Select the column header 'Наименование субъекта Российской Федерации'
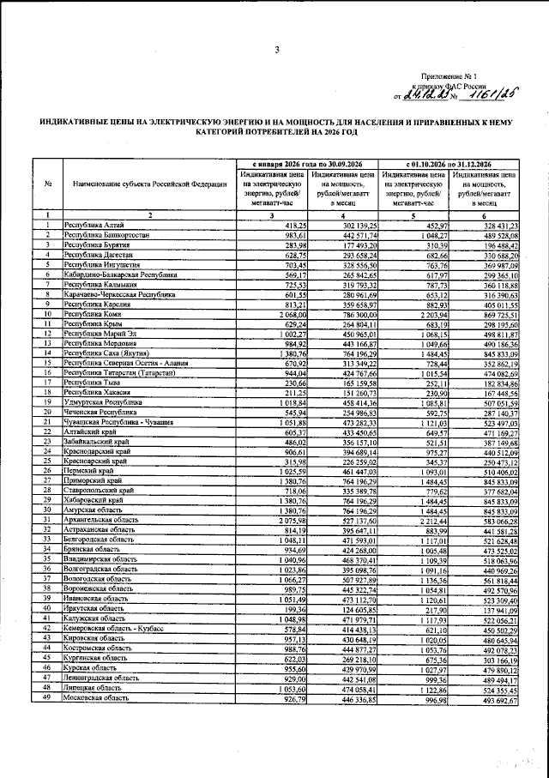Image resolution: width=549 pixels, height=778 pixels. [x=150, y=184]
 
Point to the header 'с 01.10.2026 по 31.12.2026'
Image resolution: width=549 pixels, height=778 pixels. [x=448, y=163]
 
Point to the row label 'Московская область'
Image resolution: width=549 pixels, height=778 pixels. [x=97, y=700]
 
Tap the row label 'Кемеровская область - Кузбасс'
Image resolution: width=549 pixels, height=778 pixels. [x=116, y=629]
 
